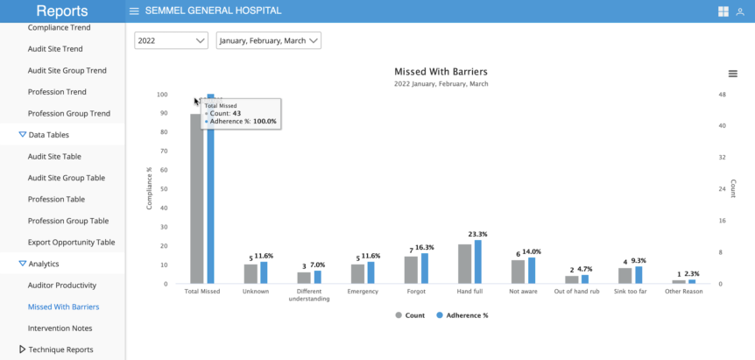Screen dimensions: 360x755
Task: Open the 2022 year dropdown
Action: (x=171, y=40)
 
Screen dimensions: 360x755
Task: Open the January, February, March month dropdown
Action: (x=268, y=40)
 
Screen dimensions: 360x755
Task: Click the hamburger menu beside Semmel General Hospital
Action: (x=134, y=11)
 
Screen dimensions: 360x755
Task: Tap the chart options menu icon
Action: (x=732, y=74)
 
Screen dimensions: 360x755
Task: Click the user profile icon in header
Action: (x=740, y=11)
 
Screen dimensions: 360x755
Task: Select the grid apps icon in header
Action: (x=723, y=11)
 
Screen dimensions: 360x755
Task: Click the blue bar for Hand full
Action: (x=477, y=262)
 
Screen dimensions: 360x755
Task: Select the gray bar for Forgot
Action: (x=411, y=270)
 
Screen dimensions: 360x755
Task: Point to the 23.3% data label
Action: (x=477, y=235)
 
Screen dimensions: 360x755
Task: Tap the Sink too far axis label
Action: (x=631, y=291)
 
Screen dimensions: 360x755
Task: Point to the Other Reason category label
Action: (x=684, y=291)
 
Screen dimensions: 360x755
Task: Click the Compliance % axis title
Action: (x=149, y=188)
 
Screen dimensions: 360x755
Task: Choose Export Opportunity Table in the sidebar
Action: (x=71, y=242)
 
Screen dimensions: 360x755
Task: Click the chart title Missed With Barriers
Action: (x=441, y=72)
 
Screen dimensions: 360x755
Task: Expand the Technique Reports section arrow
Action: (x=22, y=349)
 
